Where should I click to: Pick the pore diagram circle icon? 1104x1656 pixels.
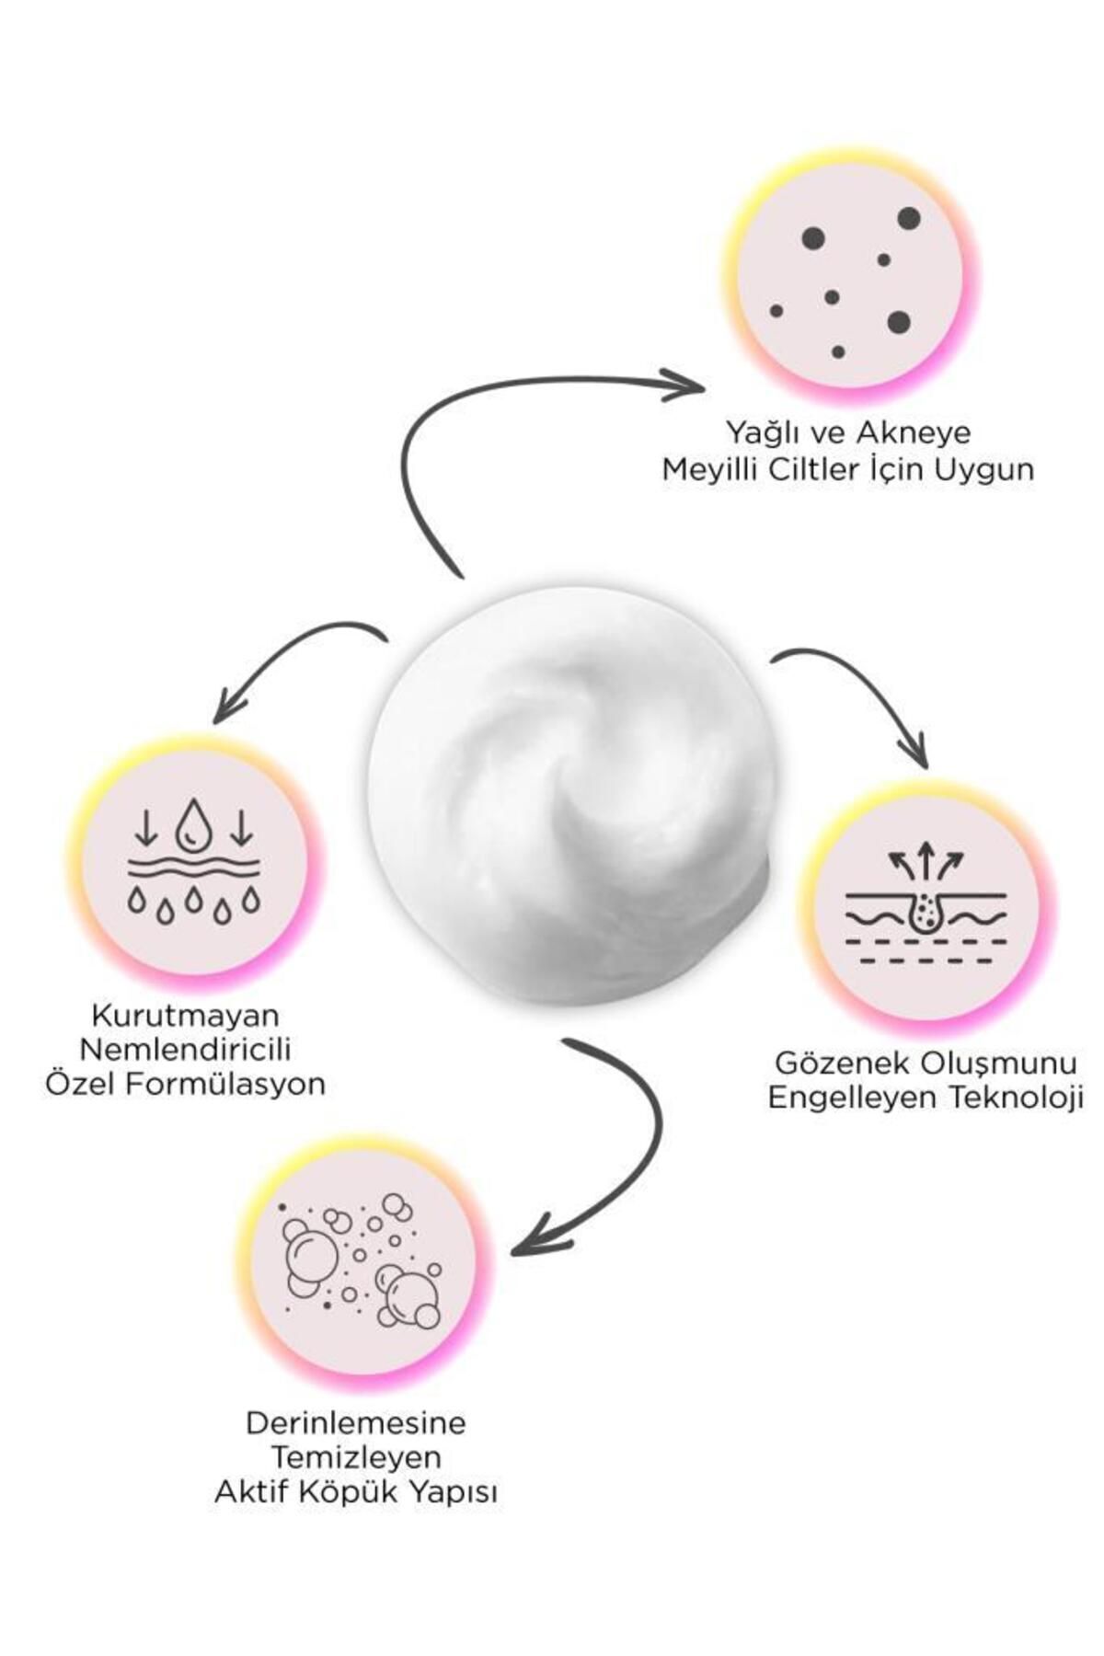[x=923, y=905]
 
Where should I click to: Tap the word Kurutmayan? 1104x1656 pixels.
[x=185, y=1015]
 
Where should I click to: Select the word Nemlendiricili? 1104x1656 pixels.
[x=185, y=1049]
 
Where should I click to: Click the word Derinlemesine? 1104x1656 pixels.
[x=356, y=1422]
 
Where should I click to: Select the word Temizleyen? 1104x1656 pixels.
[x=356, y=1457]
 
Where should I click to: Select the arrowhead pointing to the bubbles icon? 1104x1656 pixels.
[x=529, y=1236]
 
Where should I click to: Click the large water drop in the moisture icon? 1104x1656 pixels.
[x=193, y=822]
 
